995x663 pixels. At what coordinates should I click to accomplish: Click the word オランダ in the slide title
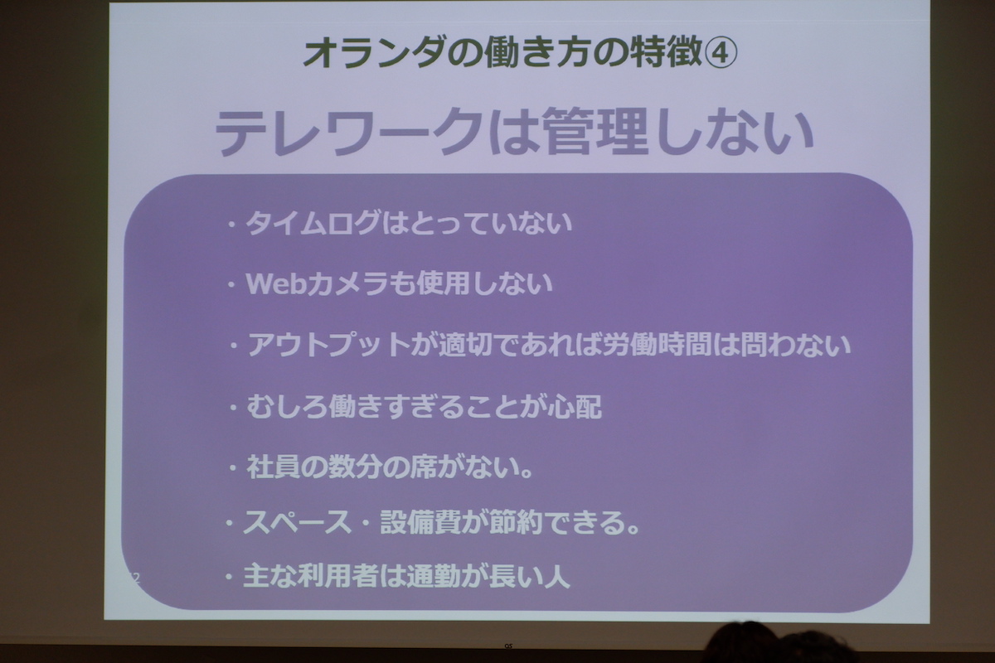click(x=376, y=53)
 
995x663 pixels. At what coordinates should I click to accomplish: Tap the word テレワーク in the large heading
click(x=349, y=133)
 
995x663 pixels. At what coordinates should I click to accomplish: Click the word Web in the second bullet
click(x=276, y=283)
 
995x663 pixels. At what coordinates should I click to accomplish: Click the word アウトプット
click(x=328, y=345)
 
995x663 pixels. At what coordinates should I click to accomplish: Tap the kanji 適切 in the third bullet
click(x=465, y=345)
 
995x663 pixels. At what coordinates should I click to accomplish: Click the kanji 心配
click(x=575, y=406)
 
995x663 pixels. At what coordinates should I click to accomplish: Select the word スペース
click(x=297, y=523)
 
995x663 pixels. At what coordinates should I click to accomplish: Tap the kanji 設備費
click(x=420, y=523)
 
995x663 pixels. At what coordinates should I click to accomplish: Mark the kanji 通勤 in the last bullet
click(x=434, y=576)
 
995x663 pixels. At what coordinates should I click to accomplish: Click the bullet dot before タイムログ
click(x=231, y=225)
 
